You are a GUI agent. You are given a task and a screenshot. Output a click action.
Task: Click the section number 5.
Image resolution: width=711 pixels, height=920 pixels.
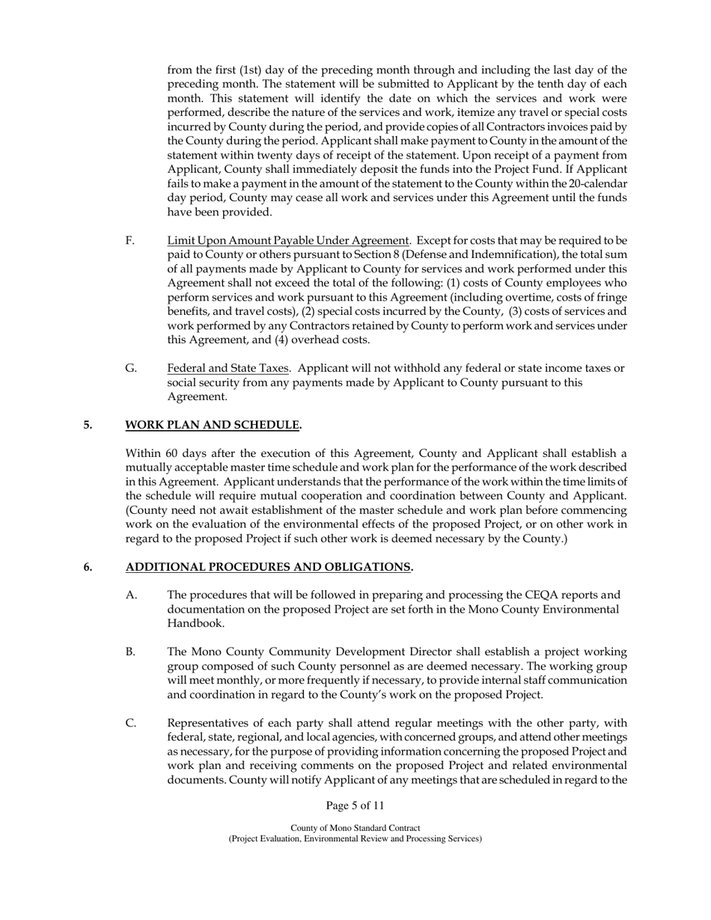pyautogui.click(x=88, y=425)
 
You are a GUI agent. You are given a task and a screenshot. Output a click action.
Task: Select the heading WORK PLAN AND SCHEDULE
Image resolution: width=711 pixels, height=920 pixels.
pyautogui.click(x=213, y=425)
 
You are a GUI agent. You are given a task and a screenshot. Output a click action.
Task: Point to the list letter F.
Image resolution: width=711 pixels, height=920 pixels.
pyautogui.click(x=130, y=240)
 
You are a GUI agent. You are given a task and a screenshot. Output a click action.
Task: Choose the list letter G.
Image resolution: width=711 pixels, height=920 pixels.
pyautogui.click(x=131, y=368)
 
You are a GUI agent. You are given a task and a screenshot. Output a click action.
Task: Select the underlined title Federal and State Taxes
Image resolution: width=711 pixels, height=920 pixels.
pyautogui.click(x=228, y=368)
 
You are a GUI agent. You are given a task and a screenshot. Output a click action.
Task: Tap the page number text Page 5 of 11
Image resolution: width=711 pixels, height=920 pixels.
pyautogui.click(x=355, y=806)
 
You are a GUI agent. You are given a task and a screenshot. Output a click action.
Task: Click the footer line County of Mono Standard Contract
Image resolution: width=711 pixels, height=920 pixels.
pyautogui.click(x=355, y=828)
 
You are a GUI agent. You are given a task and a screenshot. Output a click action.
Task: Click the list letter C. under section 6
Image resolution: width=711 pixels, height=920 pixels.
pyautogui.click(x=130, y=723)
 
